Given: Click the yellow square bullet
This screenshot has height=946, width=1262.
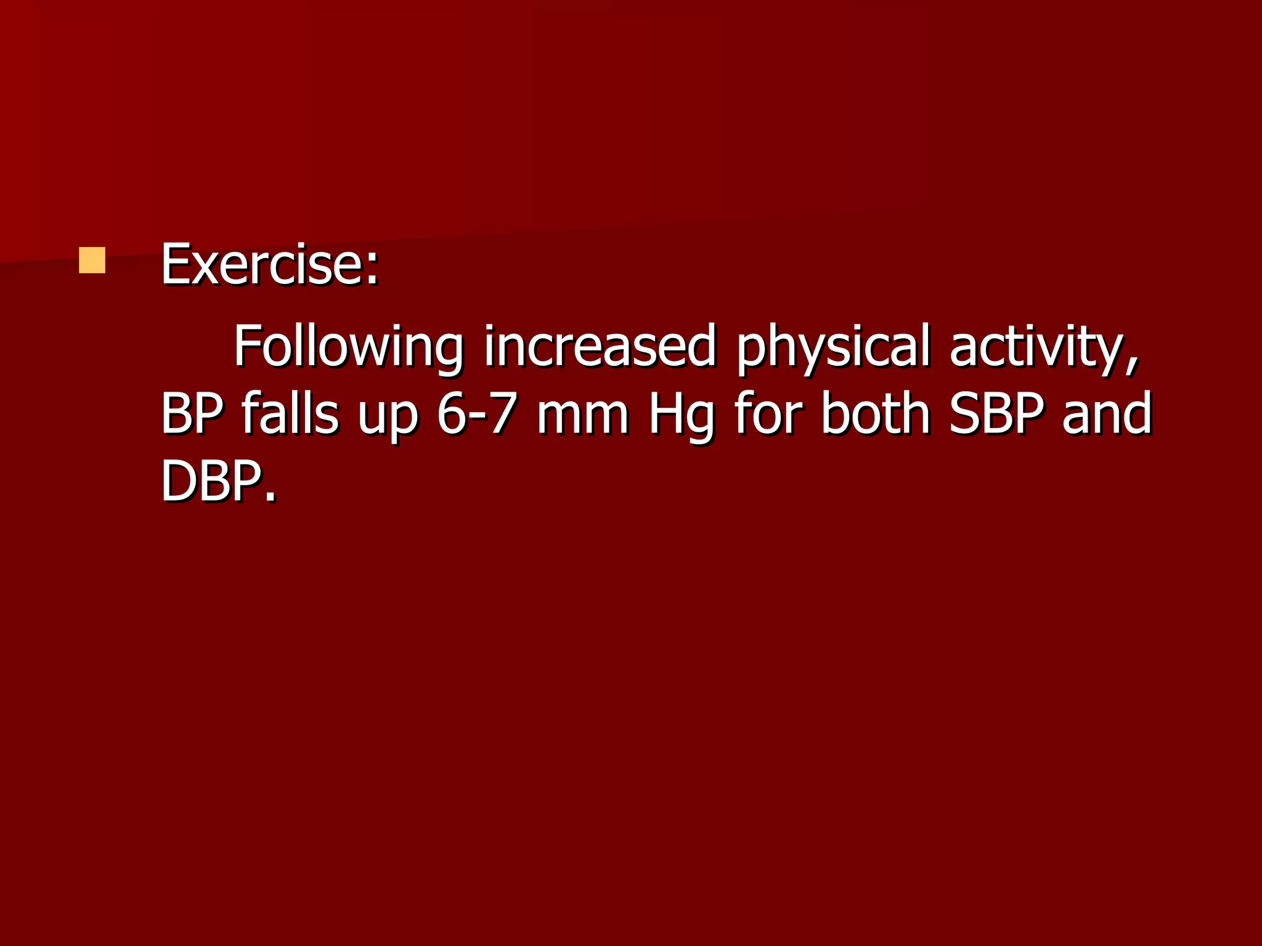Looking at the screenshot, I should tap(92, 260).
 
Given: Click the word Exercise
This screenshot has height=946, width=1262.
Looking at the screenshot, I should tap(263, 265).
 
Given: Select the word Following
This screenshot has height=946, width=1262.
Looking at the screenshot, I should tap(348, 347).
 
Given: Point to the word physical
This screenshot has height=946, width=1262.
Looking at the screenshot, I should tap(833, 347).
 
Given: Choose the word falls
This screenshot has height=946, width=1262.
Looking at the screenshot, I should tap(290, 414).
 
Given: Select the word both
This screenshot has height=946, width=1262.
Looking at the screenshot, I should tap(876, 414).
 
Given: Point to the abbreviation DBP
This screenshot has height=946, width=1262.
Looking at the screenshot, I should tap(210, 482).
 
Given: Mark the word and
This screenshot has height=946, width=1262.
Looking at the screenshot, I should tap(1107, 414).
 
